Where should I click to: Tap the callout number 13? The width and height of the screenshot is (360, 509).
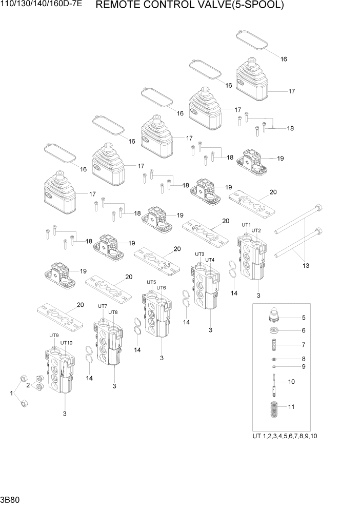[x=306, y=265]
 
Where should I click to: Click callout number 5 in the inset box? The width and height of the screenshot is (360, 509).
[x=303, y=318]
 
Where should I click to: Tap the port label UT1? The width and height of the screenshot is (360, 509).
[x=246, y=225]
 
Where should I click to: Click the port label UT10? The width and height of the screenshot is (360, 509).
[x=67, y=343]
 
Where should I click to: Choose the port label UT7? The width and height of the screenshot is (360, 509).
[x=103, y=306]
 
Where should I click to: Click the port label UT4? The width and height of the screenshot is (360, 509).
[x=210, y=260]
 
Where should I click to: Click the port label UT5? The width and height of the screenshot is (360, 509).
[x=151, y=282]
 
